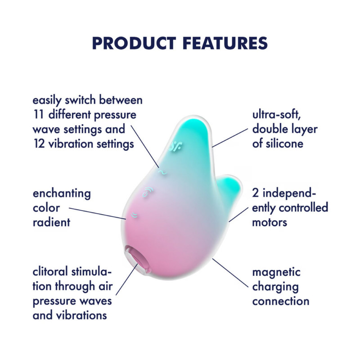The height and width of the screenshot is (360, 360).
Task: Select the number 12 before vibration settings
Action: [39, 144]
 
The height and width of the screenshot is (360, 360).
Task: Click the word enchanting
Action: [62, 194]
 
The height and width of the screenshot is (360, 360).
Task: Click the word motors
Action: [270, 222]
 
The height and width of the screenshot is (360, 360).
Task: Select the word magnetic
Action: [276, 272]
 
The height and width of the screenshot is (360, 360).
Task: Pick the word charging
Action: [275, 287]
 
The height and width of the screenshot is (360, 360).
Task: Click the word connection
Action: [281, 301]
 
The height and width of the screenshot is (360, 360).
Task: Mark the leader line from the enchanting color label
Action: [97, 213]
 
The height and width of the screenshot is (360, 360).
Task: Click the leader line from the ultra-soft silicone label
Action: [230, 136]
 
